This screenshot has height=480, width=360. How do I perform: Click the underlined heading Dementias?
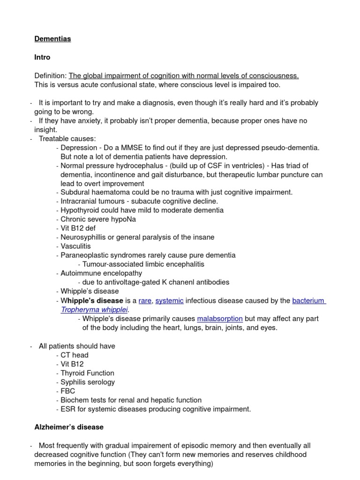[52, 39]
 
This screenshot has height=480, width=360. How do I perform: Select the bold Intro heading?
[42, 57]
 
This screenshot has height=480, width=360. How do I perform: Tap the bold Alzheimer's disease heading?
[69, 427]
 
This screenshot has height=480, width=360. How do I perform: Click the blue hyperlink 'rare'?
[145, 300]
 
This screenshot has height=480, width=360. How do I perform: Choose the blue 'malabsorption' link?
[220, 319]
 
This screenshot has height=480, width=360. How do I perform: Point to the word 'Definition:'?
[51, 76]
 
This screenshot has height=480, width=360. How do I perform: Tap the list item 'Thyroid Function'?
[87, 373]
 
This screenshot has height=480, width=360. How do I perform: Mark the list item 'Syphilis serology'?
[88, 382]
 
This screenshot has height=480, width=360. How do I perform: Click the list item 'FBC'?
[67, 391]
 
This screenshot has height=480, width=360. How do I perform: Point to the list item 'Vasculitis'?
[75, 246]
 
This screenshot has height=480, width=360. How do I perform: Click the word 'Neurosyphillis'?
[84, 237]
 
